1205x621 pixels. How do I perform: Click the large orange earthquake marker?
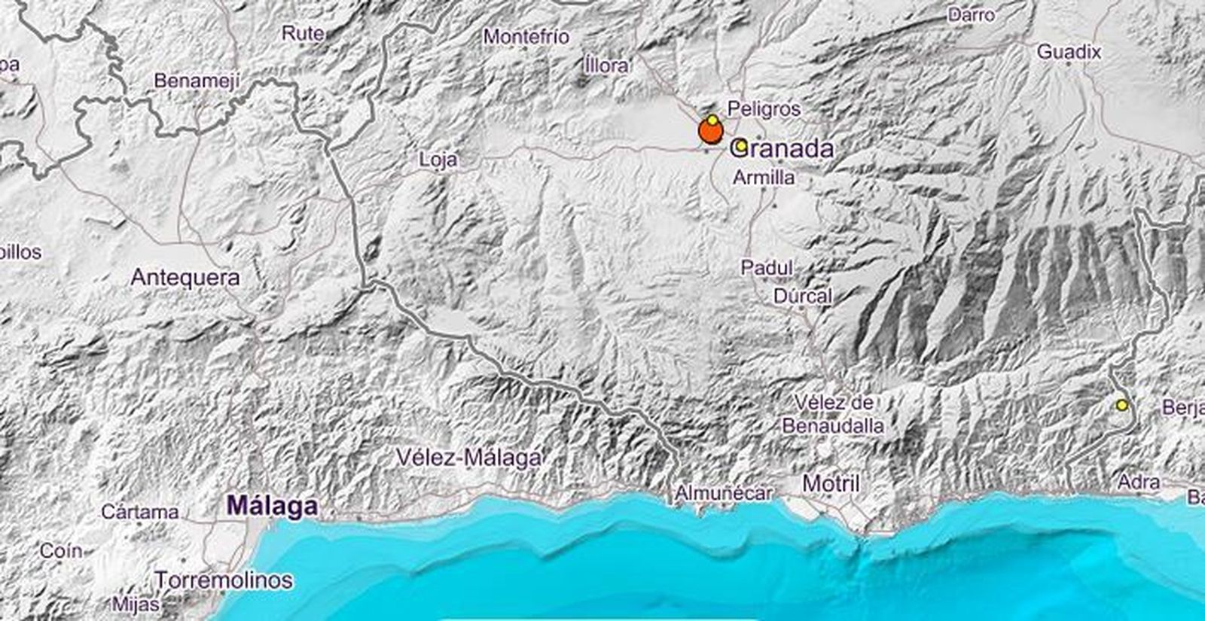(x=710, y=132)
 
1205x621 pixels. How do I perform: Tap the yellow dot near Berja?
(x=1122, y=405)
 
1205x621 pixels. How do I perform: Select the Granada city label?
(x=782, y=148)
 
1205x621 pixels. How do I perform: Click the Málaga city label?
(x=272, y=506)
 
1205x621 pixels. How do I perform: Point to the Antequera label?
(x=185, y=278)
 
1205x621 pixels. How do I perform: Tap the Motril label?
(x=831, y=483)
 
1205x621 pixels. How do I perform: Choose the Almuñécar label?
(x=724, y=493)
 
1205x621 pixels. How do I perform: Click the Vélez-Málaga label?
(x=468, y=457)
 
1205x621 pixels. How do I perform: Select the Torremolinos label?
(x=224, y=580)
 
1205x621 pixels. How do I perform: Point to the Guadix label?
(x=1069, y=52)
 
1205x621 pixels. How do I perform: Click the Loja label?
(x=438, y=160)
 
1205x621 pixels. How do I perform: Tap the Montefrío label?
(x=526, y=36)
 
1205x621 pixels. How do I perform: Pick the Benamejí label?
(x=197, y=81)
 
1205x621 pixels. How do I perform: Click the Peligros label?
(x=764, y=109)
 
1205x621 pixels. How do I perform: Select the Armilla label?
(x=764, y=178)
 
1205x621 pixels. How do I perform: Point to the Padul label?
(x=767, y=268)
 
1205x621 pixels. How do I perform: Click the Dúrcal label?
(x=803, y=296)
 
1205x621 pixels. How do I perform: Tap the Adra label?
(x=1138, y=482)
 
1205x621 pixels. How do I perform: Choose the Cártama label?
(x=140, y=513)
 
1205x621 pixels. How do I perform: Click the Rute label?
(x=303, y=33)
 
